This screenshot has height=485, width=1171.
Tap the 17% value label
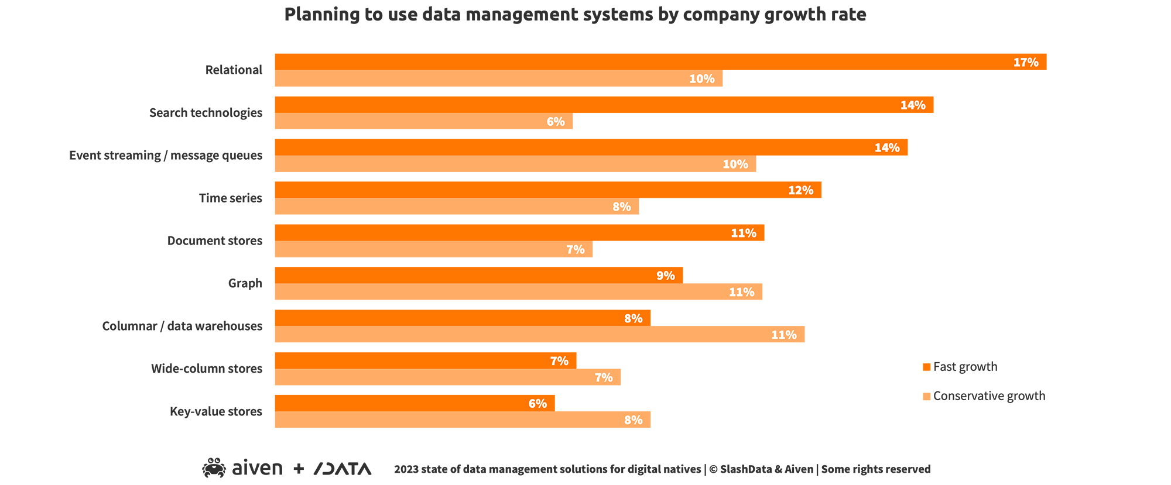1026,63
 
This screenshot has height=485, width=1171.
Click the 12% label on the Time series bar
800,191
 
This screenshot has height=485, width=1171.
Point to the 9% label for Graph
665,276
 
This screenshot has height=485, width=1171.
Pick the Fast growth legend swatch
926,367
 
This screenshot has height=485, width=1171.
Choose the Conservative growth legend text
989,396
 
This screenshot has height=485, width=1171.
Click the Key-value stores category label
215,411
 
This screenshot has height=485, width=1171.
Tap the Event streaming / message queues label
166,156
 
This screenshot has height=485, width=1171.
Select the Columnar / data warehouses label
182,326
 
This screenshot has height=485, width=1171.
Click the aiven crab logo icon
214,468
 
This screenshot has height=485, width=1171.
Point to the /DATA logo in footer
343,469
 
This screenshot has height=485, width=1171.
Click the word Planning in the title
321,15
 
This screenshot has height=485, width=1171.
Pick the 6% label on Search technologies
555,122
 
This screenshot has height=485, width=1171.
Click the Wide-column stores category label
206,369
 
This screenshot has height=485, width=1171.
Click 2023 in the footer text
406,469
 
